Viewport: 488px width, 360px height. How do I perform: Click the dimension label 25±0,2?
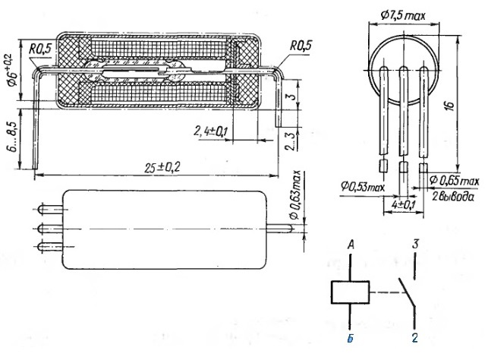click(x=162, y=168)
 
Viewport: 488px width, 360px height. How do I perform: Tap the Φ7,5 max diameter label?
click(x=403, y=15)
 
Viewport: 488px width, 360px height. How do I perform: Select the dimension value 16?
click(x=450, y=105)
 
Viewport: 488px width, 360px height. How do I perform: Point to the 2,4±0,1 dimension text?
click(x=209, y=131)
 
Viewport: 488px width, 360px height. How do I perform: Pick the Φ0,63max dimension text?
click(x=296, y=195)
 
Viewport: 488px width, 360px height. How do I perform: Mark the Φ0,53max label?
click(x=363, y=187)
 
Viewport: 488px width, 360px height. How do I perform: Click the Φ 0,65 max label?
click(x=455, y=181)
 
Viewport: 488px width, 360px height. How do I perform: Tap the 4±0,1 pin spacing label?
click(x=403, y=205)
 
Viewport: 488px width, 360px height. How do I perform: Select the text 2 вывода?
click(x=453, y=197)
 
